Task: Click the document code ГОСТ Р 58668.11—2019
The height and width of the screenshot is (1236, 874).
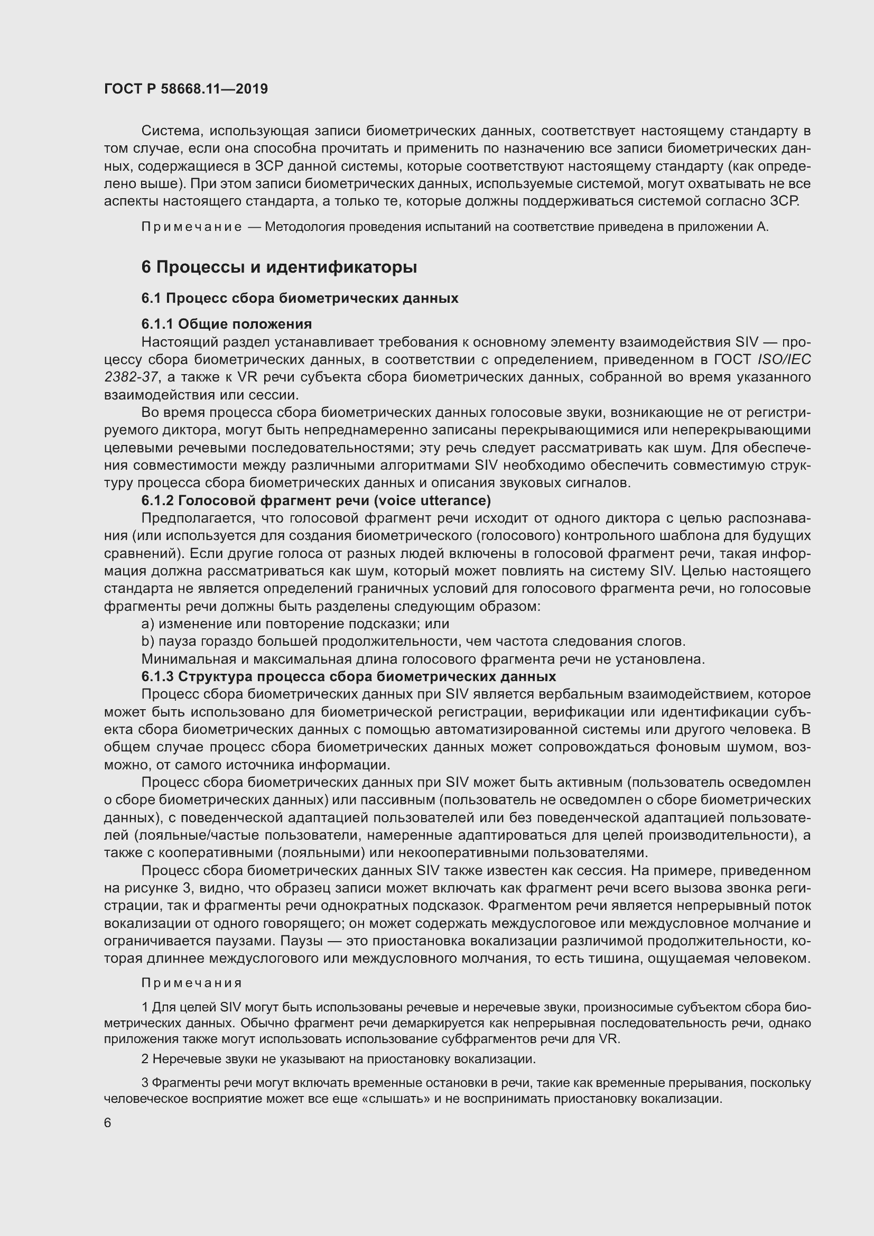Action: pos(185,89)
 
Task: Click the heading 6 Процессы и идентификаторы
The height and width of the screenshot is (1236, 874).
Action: pos(279,267)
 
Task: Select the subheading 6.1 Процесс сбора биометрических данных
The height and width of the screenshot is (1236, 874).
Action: pos(300,298)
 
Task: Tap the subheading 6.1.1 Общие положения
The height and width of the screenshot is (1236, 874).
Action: pos(227,323)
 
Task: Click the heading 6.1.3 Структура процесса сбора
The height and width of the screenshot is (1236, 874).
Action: pos(349,676)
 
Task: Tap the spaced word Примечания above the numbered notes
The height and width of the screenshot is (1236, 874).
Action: pos(192,983)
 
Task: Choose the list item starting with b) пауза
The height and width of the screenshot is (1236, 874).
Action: pos(413,641)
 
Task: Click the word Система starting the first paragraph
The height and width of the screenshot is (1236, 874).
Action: pos(171,131)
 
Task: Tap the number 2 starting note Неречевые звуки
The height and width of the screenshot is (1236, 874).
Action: pos(145,1059)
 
